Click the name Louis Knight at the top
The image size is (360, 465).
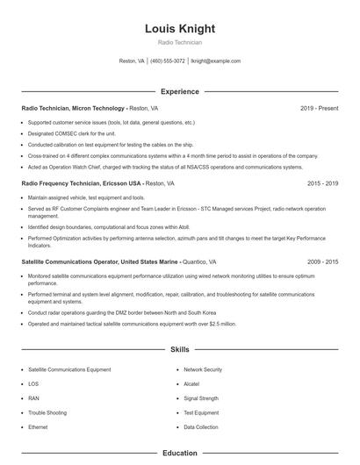point(179,28)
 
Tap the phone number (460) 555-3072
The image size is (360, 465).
point(168,61)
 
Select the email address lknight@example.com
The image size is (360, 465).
point(216,61)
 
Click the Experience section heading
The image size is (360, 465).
point(179,91)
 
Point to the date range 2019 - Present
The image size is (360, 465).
point(319,108)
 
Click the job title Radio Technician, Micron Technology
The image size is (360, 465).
point(75,108)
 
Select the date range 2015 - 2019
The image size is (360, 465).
point(322,184)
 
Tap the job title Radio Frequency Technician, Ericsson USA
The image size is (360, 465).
point(81,184)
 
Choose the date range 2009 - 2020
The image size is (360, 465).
point(322,261)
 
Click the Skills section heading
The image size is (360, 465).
point(179,349)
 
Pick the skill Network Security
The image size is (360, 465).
point(203,370)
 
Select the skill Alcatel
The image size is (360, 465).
point(192,384)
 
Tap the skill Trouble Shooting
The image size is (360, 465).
point(47,412)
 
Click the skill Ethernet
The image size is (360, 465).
point(38,426)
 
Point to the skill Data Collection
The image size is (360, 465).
point(201,426)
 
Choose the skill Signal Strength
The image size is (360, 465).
point(201,398)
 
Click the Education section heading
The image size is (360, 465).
point(179,454)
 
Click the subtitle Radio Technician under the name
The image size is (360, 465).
point(179,42)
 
